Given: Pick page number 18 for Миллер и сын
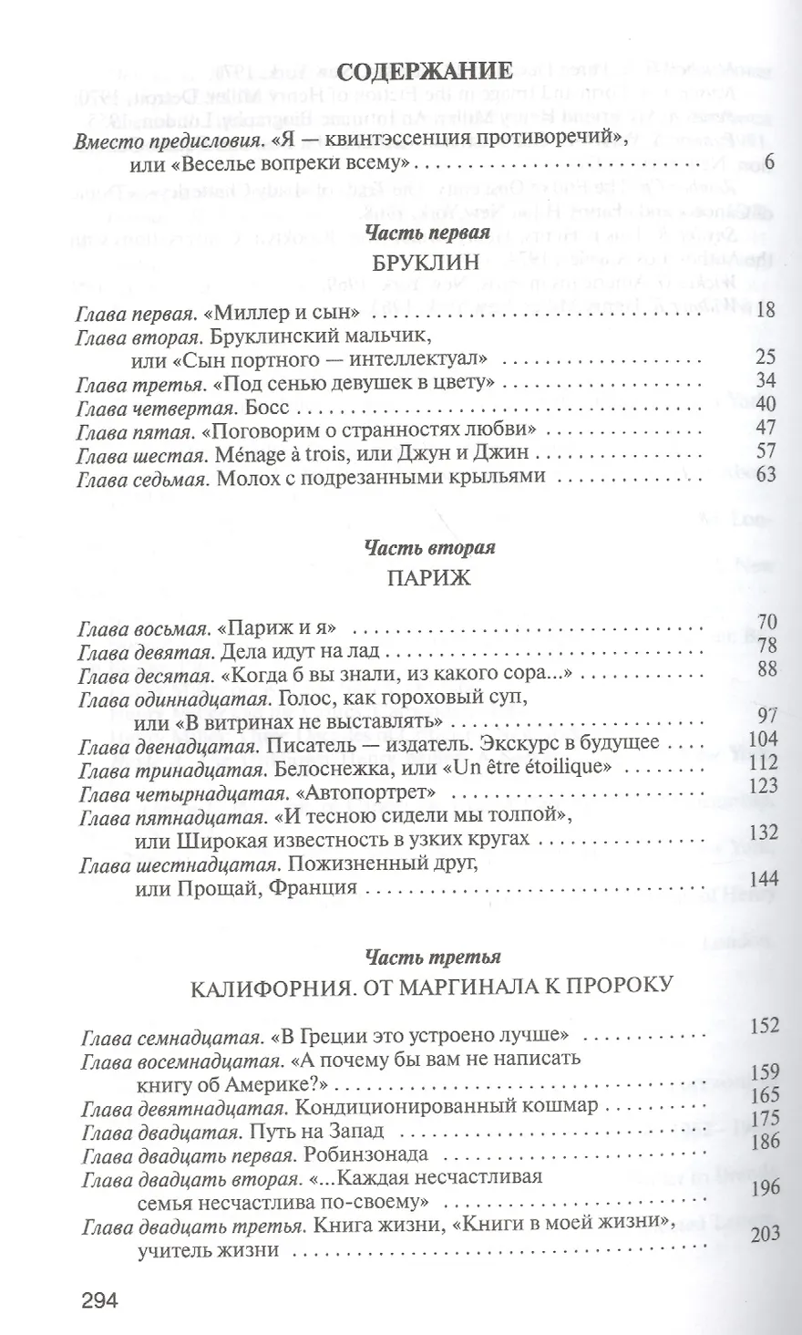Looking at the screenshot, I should point(765,312).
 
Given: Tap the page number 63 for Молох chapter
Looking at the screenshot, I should point(765,474).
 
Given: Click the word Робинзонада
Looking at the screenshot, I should point(375,1154).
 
